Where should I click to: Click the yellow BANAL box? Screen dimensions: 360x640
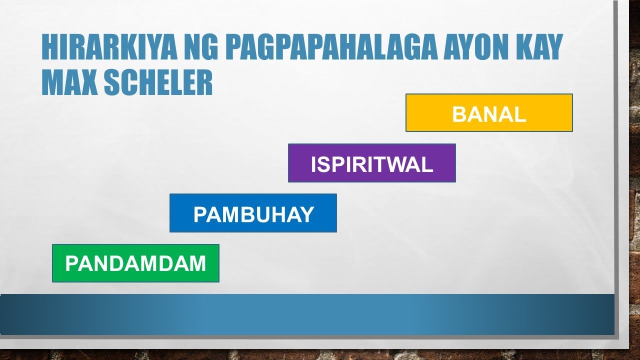489,113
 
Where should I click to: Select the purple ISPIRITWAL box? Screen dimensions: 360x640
371,163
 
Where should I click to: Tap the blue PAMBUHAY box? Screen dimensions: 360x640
253,213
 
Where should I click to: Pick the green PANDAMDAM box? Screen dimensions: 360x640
135,263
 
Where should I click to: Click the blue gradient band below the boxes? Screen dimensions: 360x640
307,314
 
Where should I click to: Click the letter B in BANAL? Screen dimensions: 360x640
458,114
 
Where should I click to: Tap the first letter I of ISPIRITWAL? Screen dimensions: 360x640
314,164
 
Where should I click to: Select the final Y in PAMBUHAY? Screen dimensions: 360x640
307,214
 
